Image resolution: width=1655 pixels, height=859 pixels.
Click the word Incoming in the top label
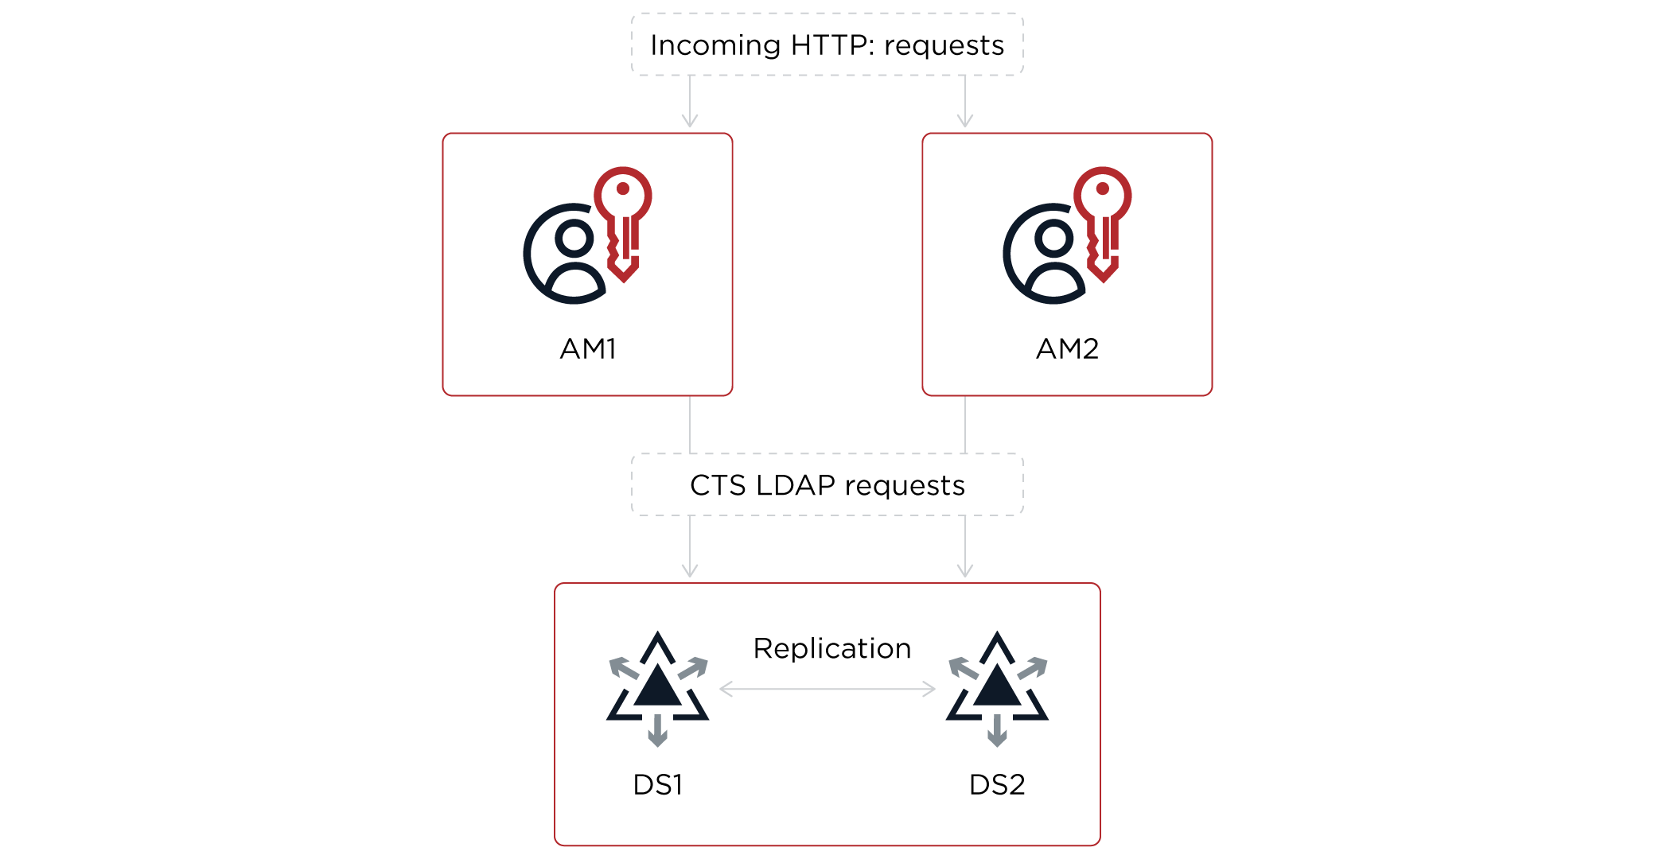click(715, 45)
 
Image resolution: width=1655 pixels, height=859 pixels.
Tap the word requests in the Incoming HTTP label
click(944, 46)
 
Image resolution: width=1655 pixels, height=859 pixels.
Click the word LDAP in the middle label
click(795, 485)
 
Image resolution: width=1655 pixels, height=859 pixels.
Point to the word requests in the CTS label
click(905, 486)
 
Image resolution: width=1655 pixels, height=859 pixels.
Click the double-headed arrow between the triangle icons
click(827, 689)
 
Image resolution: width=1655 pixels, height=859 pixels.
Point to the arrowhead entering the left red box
click(690, 121)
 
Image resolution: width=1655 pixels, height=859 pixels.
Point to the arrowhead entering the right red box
click(965, 121)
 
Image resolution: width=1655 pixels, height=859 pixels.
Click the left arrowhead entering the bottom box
click(690, 570)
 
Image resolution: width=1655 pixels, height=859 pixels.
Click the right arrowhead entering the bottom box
click(965, 570)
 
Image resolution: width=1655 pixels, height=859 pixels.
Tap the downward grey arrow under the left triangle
click(657, 732)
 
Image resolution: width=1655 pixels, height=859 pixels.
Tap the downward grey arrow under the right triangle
click(997, 732)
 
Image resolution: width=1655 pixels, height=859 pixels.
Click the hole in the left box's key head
click(623, 189)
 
